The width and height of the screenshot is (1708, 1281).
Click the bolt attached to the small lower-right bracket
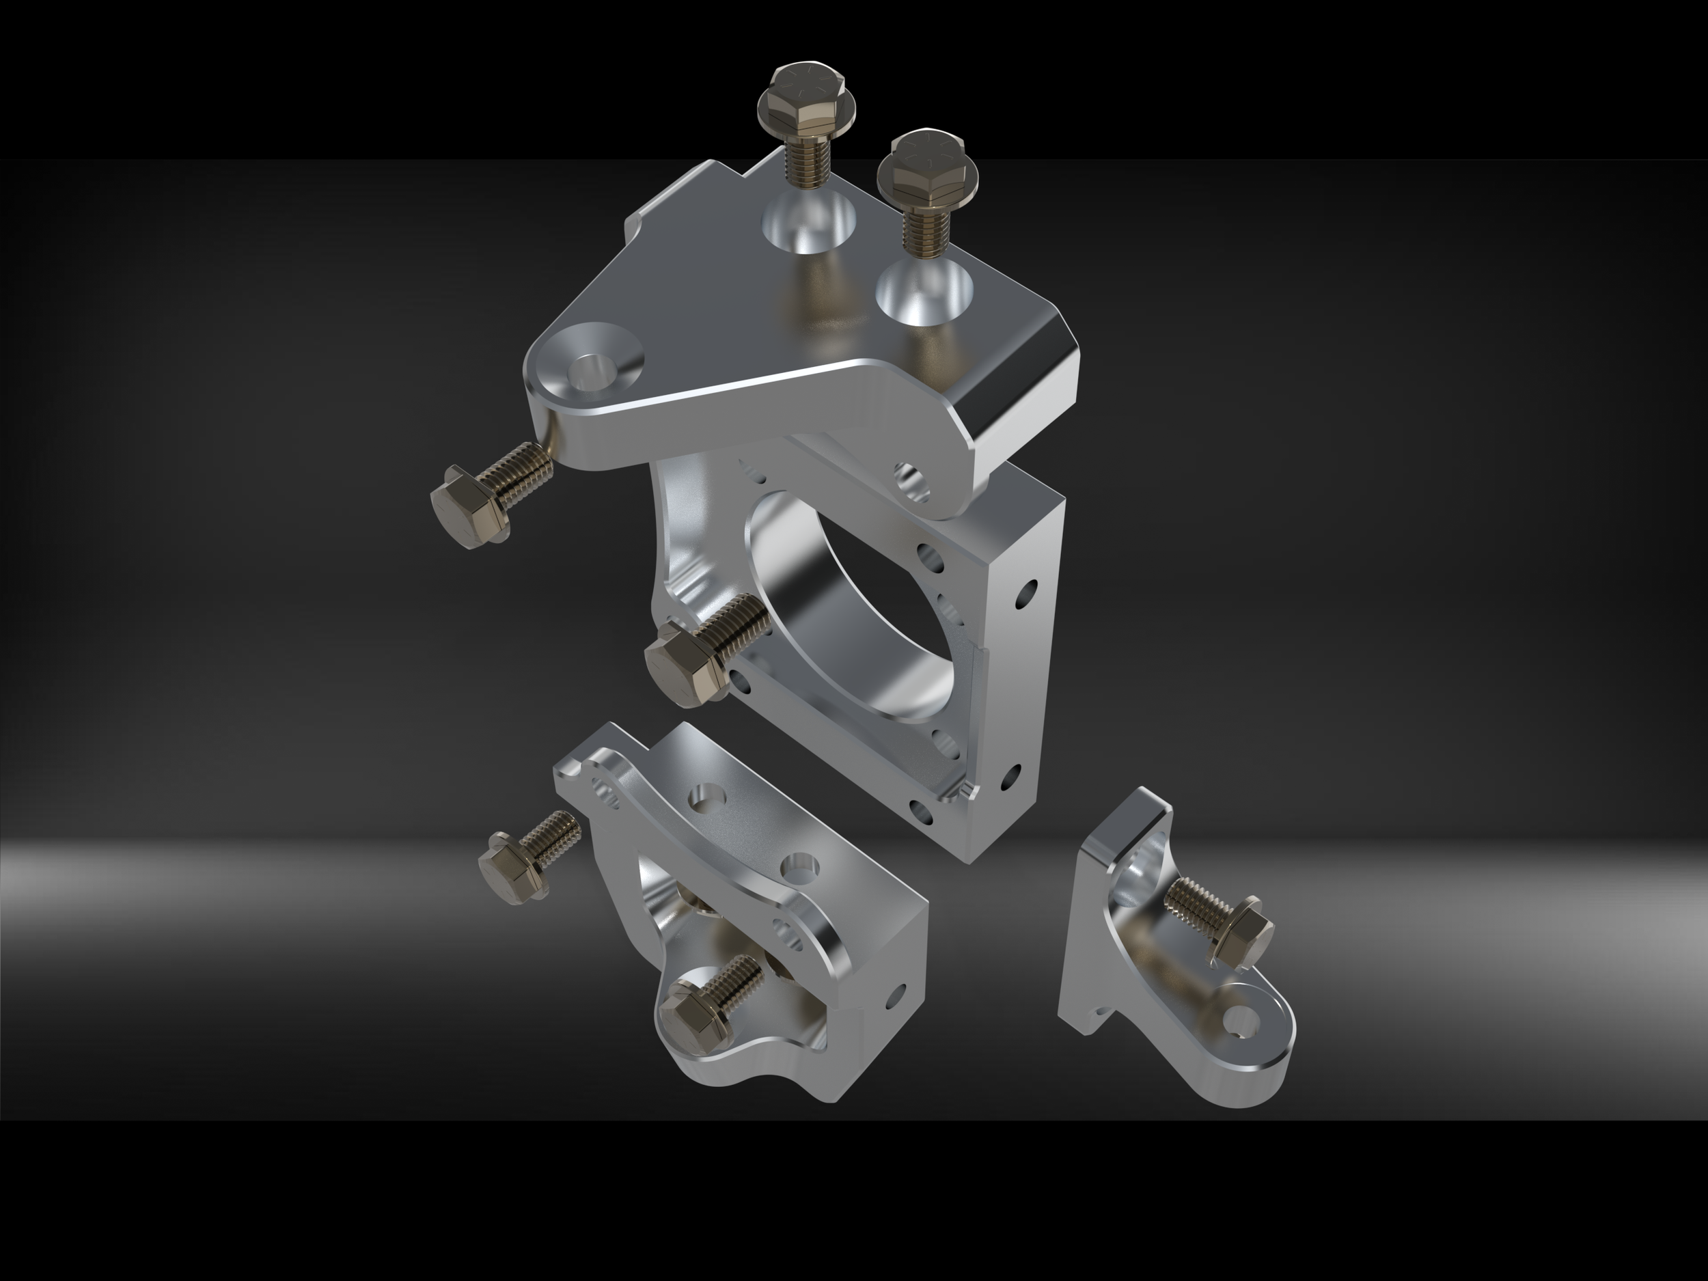(x=1220, y=924)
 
